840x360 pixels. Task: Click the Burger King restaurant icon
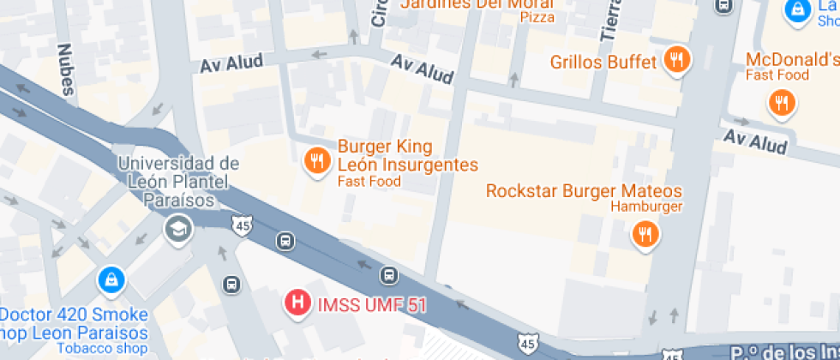coord(317,160)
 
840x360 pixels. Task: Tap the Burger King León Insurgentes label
coord(407,156)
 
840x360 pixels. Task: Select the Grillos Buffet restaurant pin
coord(677,60)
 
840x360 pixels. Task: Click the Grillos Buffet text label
coord(603,62)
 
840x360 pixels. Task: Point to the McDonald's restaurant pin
coord(781,104)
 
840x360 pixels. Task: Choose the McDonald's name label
coord(792,60)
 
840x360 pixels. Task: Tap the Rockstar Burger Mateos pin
coord(645,233)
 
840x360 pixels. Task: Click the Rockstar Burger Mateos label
coord(584,191)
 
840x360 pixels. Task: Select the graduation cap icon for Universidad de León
coord(178,229)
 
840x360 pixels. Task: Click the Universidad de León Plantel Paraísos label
coord(177,181)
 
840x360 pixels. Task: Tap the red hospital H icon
coord(297,303)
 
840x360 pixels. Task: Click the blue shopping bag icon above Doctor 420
coord(111,279)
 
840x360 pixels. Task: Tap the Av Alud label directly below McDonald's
coord(754,141)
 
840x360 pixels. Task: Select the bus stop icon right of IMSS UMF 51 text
coord(389,275)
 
